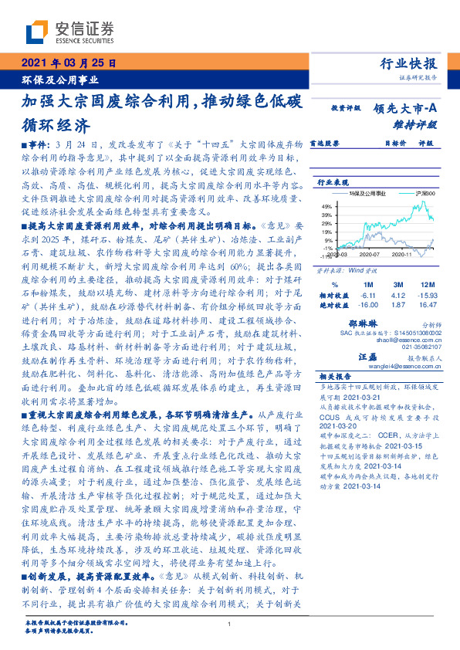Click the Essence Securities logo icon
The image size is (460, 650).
38,32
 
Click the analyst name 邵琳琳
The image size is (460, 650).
384,326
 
